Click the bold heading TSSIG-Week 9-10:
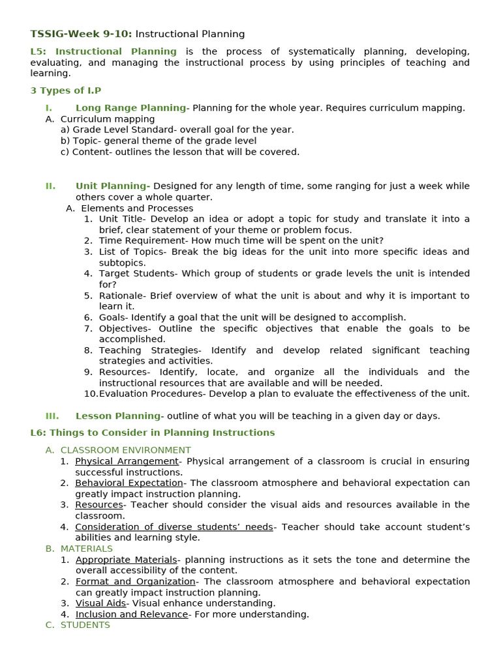click(x=81, y=34)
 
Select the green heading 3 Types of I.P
click(x=66, y=91)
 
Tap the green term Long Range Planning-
click(x=132, y=108)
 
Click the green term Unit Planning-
click(x=113, y=186)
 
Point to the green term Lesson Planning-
click(x=120, y=416)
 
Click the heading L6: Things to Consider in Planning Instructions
click(x=153, y=433)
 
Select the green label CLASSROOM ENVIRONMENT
click(x=126, y=450)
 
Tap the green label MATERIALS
click(x=87, y=548)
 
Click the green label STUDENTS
click(x=85, y=625)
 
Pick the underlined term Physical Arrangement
click(x=127, y=461)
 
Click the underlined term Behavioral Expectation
click(x=129, y=483)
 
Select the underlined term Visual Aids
click(x=100, y=603)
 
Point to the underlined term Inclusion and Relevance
click(x=132, y=614)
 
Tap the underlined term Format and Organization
click(x=135, y=582)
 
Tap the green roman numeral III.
click(x=52, y=416)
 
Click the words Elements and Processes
click(x=137, y=208)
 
